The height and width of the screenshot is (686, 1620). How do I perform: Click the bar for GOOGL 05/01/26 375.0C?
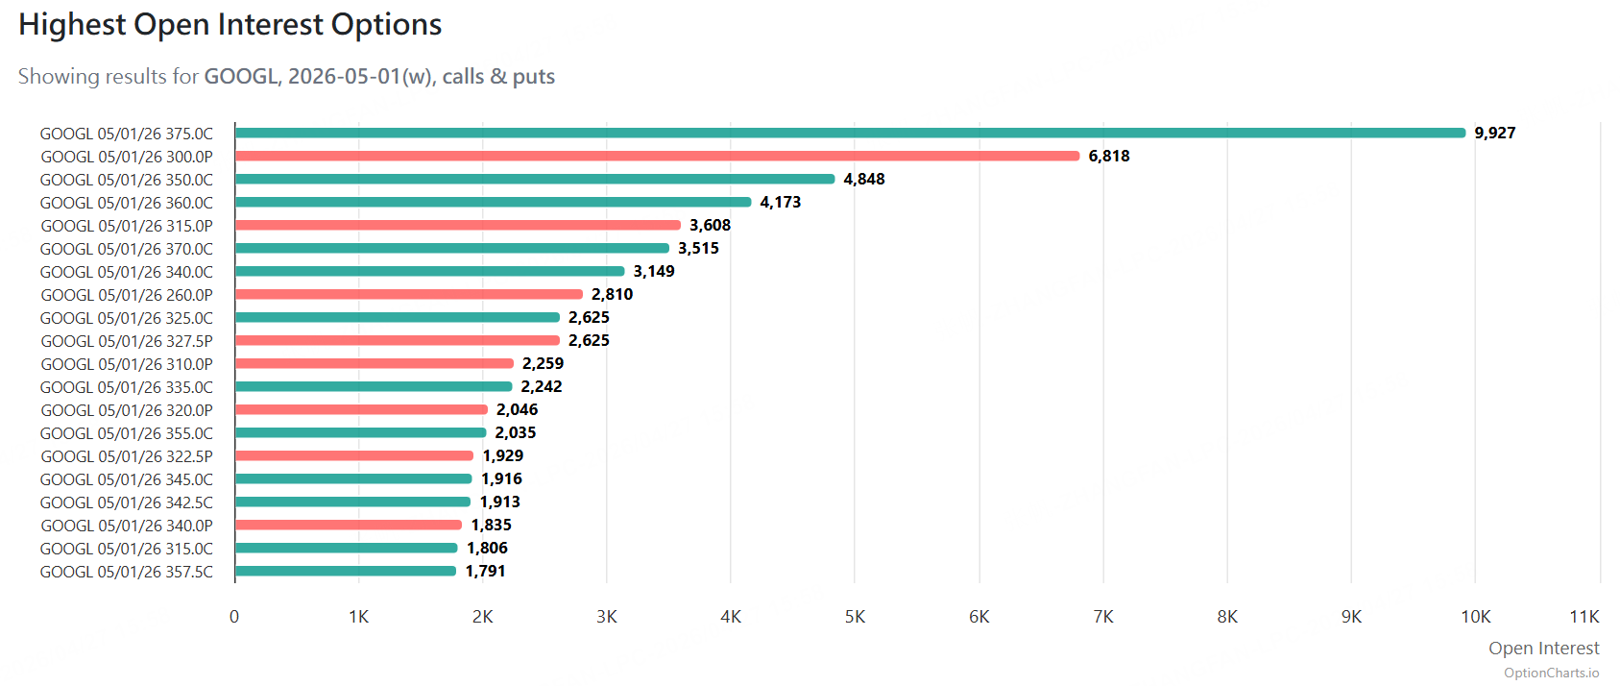(x=850, y=133)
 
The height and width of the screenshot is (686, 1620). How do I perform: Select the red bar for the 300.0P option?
(x=657, y=156)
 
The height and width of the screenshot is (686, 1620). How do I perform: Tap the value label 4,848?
(x=864, y=179)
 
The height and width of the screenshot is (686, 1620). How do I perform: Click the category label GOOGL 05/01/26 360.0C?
(x=127, y=203)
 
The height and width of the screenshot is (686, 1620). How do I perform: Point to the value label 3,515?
(x=698, y=248)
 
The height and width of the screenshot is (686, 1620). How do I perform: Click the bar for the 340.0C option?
(x=429, y=271)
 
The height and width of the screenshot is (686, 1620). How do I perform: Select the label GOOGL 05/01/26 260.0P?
(x=127, y=295)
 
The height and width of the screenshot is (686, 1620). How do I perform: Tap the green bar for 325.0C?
(x=397, y=317)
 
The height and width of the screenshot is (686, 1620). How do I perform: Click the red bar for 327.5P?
(x=397, y=340)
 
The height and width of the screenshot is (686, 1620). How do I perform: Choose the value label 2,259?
(x=543, y=363)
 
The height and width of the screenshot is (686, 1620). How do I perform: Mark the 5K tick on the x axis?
(x=855, y=617)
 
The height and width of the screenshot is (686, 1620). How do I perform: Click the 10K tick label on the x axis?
(x=1475, y=617)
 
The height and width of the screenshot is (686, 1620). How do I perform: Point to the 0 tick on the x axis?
(x=234, y=617)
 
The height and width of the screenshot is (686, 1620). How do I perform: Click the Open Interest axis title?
(x=1543, y=649)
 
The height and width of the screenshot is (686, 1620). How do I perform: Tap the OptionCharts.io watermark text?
(x=1551, y=673)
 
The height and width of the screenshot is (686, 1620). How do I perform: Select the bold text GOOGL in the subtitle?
(x=240, y=77)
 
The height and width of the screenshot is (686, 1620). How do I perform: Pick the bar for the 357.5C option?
(x=346, y=571)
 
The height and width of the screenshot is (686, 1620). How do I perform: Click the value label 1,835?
(x=491, y=525)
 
